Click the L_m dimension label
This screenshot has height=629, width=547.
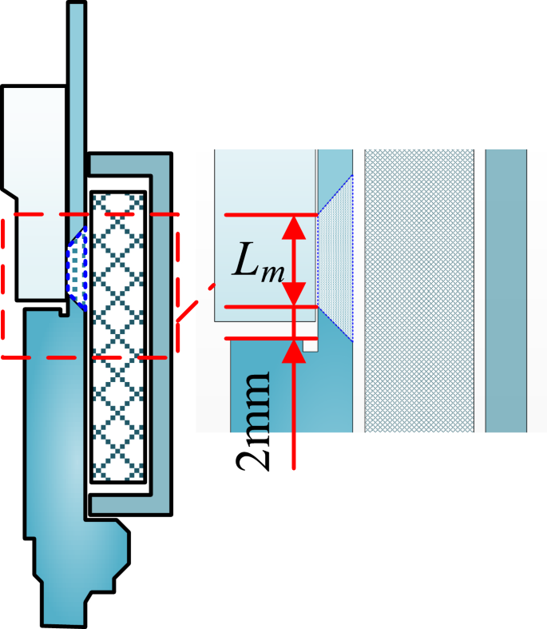(257, 261)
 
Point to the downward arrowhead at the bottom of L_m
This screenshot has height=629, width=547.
(295, 293)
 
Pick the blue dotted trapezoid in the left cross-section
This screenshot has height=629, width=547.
(77, 265)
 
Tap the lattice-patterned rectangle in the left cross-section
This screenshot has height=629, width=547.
(118, 336)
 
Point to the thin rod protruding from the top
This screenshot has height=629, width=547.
(76, 80)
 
